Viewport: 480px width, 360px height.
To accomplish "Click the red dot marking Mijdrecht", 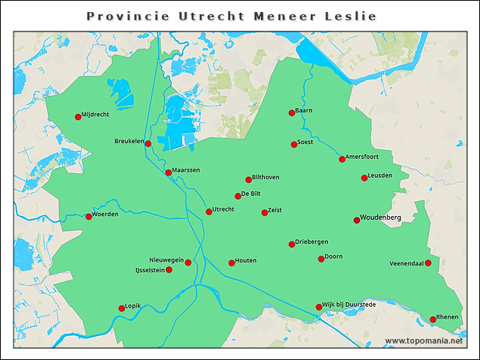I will pos(77,116).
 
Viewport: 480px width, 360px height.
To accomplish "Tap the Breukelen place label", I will pos(128,141).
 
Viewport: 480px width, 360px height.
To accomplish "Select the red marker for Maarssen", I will pos(168,172).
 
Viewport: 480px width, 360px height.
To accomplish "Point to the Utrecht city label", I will pos(223,209).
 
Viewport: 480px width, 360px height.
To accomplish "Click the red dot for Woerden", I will pos(88,217).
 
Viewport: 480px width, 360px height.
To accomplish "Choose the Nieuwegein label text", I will pos(166,259).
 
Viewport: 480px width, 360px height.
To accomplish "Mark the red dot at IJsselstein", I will pos(169,270).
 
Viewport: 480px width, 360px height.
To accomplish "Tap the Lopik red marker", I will pos(121,308).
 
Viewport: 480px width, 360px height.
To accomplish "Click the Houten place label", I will pos(246,260).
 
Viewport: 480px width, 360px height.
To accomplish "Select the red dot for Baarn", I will pos(292,113).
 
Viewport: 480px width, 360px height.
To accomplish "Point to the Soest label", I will pos(305,142).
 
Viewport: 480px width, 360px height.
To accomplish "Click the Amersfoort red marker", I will pos(342,159).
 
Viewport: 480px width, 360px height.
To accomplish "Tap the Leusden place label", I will pos(380,175).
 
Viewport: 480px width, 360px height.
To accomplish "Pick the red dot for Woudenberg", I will pos(357,220).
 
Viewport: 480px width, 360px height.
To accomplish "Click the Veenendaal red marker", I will pos(428,263).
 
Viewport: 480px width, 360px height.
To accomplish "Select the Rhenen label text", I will pos(447,317).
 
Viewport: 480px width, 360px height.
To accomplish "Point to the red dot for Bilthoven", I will pos(248,179).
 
